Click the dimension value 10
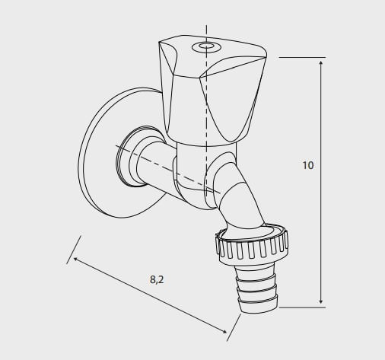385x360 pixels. pos(308,165)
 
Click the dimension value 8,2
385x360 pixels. pos(157,279)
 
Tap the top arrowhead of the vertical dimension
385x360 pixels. pos(321,63)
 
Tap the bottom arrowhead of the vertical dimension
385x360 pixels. pos(321,301)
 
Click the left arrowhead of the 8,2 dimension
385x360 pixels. pos(76,259)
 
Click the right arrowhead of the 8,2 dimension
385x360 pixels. pos(224,331)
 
